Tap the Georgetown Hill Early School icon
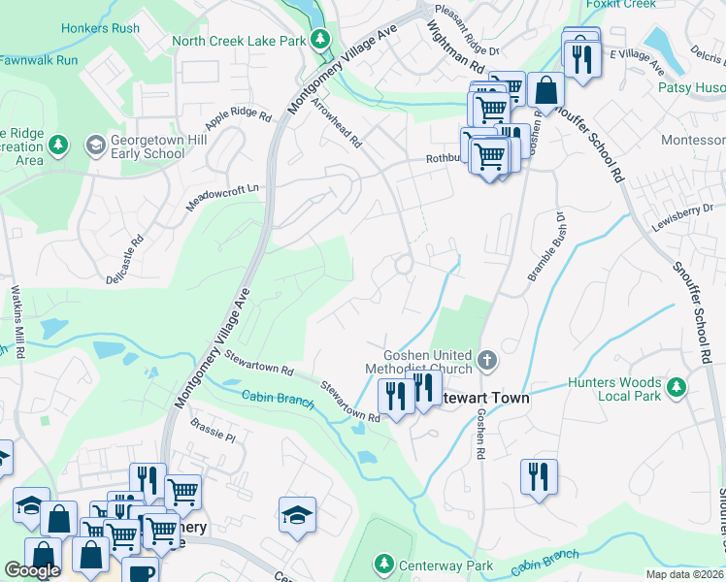pyautogui.click(x=95, y=145)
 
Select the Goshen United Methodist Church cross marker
pyautogui.click(x=487, y=362)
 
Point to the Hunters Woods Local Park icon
pyautogui.click(x=677, y=388)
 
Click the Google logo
pyautogui.click(x=32, y=570)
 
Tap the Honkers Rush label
pyautogui.click(x=100, y=27)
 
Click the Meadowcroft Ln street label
pyautogui.click(x=224, y=195)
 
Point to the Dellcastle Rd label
pyautogui.click(x=124, y=259)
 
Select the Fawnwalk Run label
pyautogui.click(x=39, y=60)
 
